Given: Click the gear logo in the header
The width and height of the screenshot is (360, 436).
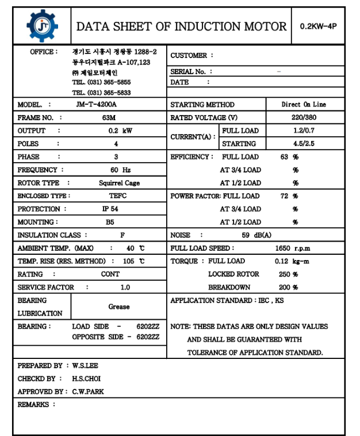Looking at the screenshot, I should (42, 25).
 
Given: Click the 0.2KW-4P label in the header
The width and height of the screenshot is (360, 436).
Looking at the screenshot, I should (318, 26).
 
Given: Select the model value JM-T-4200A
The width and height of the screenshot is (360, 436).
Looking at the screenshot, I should (96, 105).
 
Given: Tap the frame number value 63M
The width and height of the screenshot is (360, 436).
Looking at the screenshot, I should (109, 118).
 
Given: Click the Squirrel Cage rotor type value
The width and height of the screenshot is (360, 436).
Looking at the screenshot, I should (119, 183).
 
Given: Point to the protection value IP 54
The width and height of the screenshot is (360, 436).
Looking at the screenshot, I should (110, 209).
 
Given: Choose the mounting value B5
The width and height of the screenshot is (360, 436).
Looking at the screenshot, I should (110, 222).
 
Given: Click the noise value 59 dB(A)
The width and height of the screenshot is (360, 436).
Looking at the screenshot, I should (256, 235).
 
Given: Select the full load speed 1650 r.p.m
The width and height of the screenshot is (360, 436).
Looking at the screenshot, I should (293, 248).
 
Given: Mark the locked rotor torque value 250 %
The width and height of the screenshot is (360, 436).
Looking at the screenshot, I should (288, 274).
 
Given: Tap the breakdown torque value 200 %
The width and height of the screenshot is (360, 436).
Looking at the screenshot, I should (288, 288).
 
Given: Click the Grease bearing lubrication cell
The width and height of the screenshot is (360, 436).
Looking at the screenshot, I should (119, 307).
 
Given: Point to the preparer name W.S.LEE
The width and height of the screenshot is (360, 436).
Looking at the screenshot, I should (86, 366).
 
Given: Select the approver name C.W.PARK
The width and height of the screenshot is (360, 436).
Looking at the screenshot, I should (88, 392).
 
